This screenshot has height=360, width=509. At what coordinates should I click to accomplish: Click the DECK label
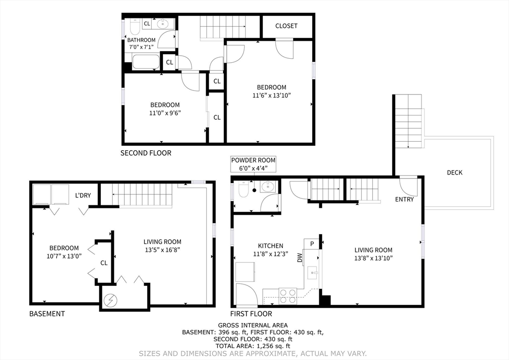454,173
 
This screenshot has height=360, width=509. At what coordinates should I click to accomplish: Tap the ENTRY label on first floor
404,199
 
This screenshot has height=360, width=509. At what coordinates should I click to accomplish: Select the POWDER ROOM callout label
253,160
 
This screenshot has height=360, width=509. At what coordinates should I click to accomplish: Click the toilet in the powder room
243,189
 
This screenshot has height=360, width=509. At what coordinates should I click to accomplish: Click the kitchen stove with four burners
287,296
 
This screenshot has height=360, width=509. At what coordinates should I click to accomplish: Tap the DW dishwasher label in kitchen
300,258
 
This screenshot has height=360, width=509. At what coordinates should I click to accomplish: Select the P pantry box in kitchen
312,244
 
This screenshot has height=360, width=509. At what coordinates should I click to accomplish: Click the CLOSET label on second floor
286,25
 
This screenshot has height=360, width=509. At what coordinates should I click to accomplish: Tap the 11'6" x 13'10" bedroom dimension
270,95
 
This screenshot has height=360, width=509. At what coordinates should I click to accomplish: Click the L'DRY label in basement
83,195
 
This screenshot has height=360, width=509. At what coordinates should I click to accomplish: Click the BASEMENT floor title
47,314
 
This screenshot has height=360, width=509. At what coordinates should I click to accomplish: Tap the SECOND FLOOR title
146,153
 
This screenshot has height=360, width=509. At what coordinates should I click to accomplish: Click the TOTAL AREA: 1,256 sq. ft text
253,346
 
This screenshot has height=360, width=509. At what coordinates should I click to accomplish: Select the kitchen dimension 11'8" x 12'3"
270,254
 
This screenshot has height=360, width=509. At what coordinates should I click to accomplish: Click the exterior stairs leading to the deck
408,121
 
